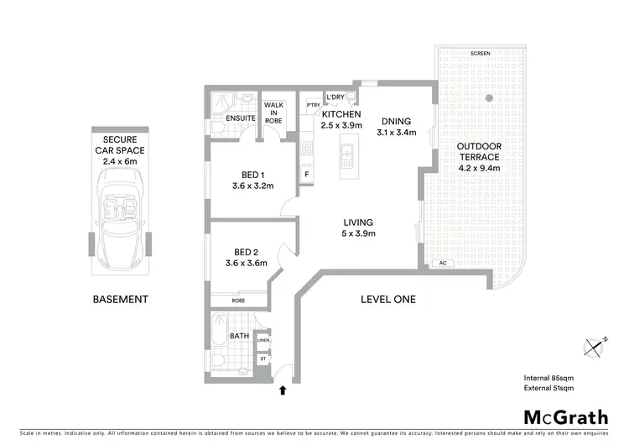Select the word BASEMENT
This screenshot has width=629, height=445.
(120, 299)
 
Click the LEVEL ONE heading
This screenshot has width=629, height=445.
(387, 299)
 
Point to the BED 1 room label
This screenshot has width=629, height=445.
(252, 181)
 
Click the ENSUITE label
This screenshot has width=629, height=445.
(241, 118)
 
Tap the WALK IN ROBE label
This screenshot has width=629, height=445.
(274, 113)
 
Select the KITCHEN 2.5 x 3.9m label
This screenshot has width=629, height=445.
(340, 119)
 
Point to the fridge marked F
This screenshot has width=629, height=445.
(307, 174)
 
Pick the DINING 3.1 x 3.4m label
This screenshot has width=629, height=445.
(397, 126)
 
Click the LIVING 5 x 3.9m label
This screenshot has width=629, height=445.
(357, 228)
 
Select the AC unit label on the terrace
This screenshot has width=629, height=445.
(443, 264)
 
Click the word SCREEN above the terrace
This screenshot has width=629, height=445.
(481, 53)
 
